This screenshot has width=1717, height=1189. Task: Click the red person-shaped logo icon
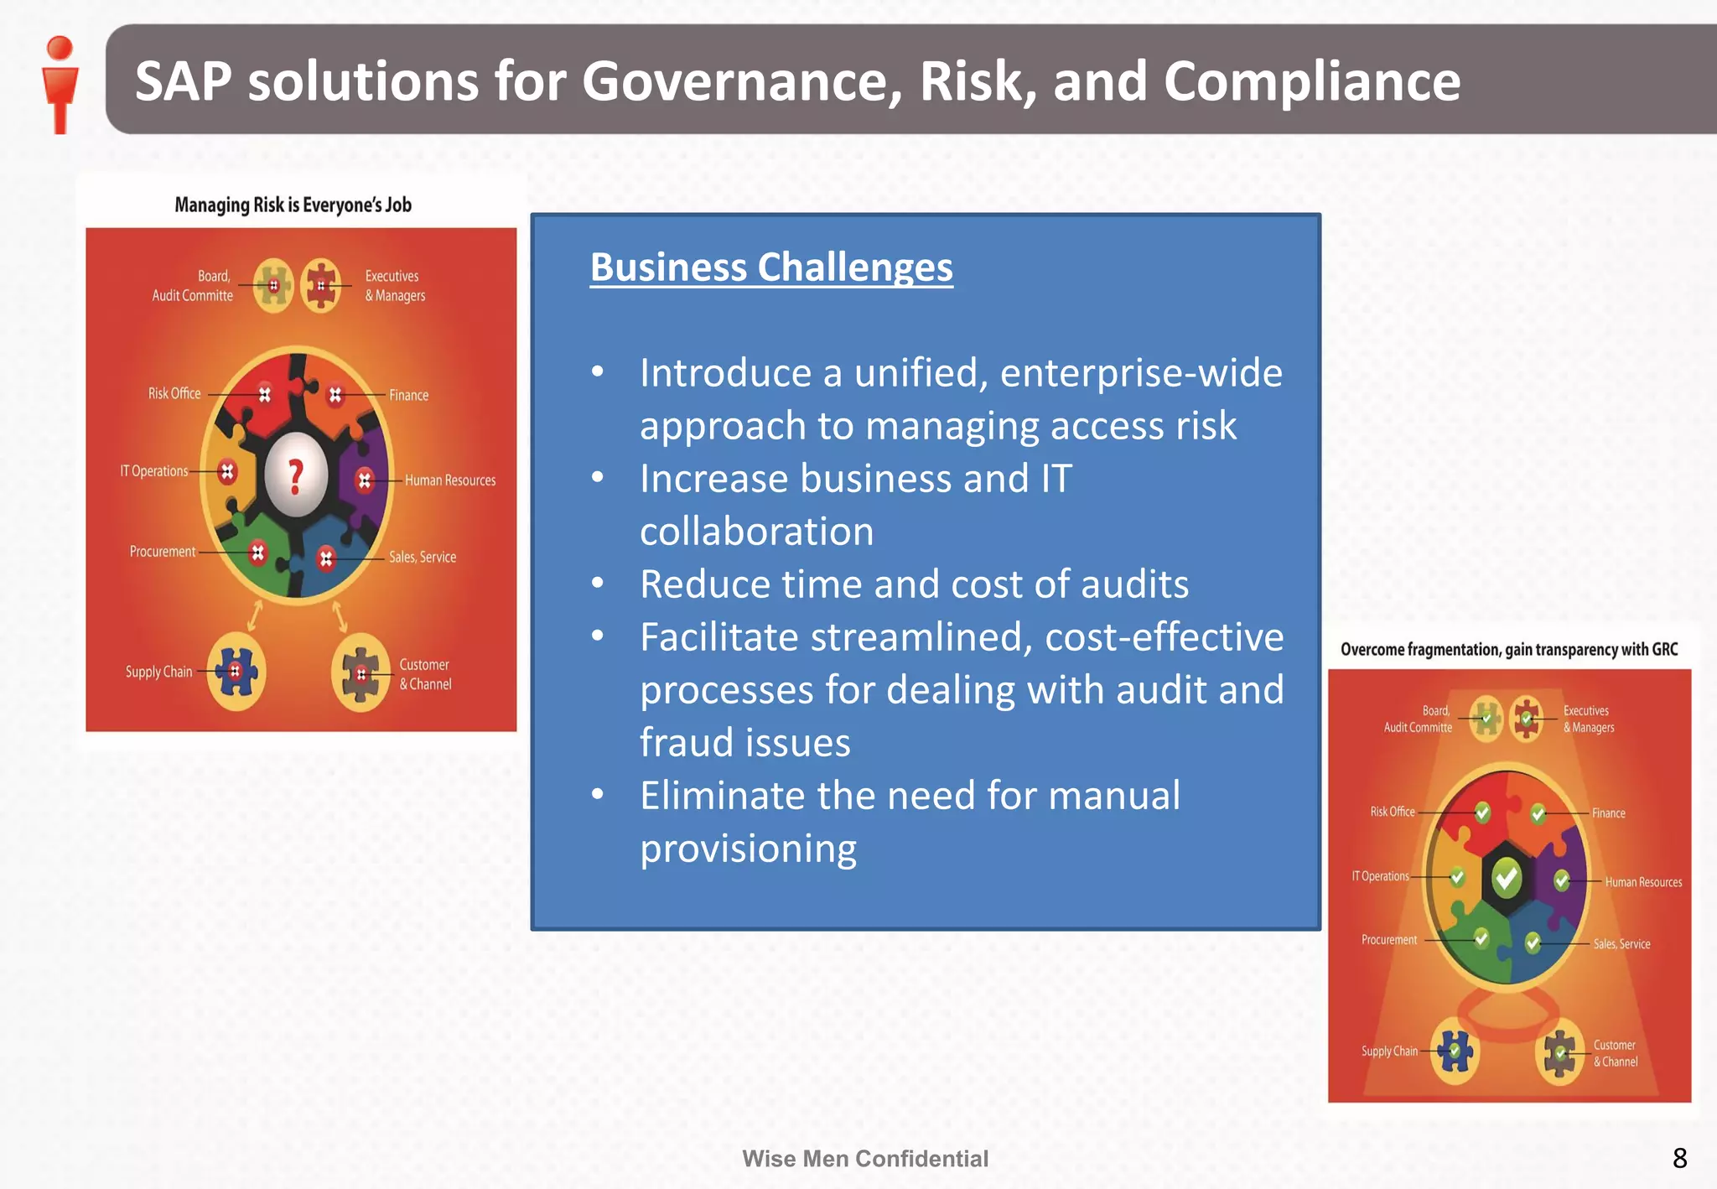tap(60, 84)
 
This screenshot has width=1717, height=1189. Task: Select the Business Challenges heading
tap(771, 267)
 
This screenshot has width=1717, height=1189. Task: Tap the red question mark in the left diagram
tap(295, 475)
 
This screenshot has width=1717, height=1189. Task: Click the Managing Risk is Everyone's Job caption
tap(293, 205)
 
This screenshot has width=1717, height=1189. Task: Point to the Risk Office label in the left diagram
tap(174, 393)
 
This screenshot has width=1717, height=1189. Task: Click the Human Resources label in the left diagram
tap(450, 480)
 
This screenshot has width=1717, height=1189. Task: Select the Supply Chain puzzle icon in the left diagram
tap(236, 672)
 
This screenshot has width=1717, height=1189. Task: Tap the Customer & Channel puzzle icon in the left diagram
tap(361, 673)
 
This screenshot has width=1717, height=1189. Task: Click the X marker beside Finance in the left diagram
tap(335, 394)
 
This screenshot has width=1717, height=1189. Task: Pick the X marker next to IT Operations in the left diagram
tap(227, 472)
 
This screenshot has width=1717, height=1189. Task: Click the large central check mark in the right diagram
tap(1507, 878)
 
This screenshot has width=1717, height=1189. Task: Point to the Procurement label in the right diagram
tap(1389, 940)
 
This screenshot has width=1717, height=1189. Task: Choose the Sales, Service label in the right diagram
tap(1621, 944)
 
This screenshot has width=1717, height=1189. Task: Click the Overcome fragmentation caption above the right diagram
tap(1509, 650)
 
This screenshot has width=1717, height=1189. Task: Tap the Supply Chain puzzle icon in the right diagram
tap(1455, 1051)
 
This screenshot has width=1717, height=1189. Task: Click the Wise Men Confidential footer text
tap(865, 1159)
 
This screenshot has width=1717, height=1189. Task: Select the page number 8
tap(1679, 1158)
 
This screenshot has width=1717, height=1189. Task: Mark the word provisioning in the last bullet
tap(749, 849)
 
